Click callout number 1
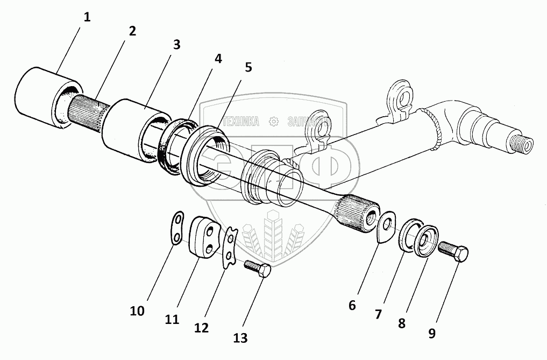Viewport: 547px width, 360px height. (87, 16)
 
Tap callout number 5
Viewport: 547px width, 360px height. (248, 68)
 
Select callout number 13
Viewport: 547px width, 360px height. (240, 337)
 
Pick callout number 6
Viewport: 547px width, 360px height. (352, 305)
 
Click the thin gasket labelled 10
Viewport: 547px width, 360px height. (176, 229)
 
